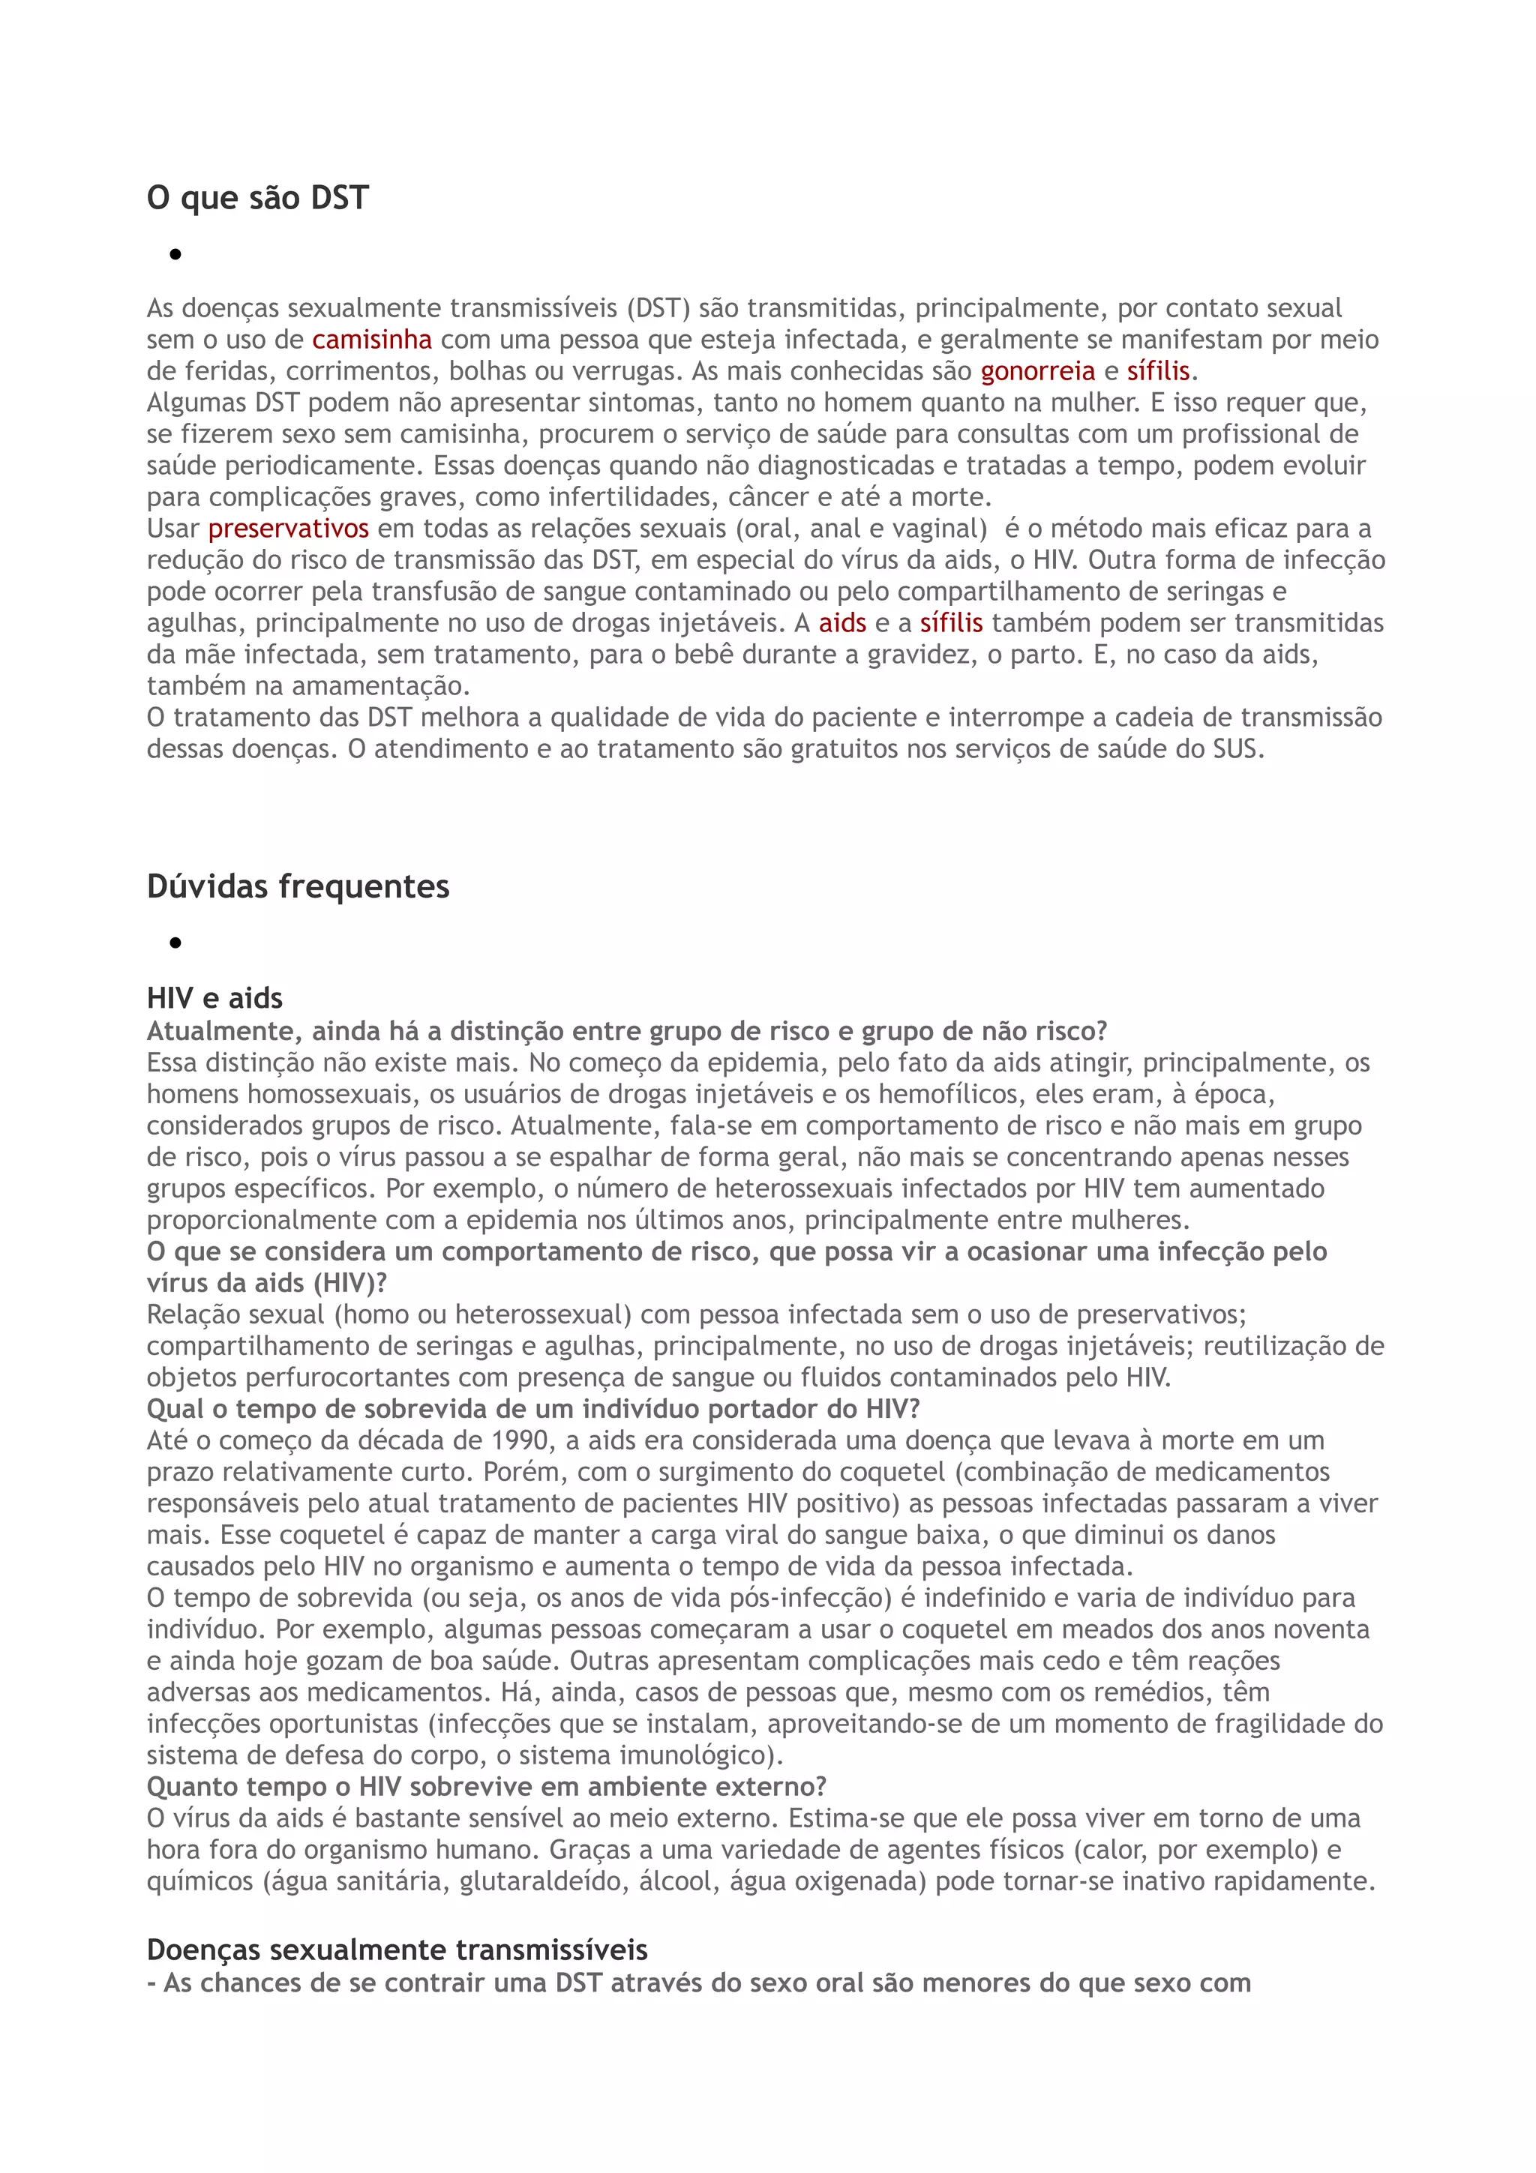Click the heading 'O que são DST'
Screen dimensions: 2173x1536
[x=257, y=198]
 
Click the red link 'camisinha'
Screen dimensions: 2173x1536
[x=372, y=340]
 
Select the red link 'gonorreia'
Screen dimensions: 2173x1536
[x=1037, y=371]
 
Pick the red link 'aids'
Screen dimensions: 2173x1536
[x=842, y=623]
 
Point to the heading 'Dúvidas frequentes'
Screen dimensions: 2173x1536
[x=298, y=887]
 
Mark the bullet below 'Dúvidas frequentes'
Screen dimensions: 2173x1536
[x=175, y=943]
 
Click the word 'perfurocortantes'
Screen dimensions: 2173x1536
[x=325, y=1377]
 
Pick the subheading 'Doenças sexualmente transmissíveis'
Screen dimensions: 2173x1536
[x=397, y=1950]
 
